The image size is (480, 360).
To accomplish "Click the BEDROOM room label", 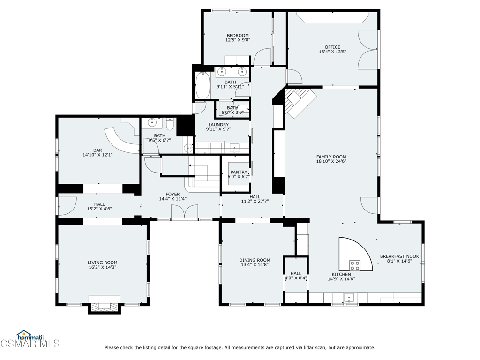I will pyautogui.click(x=238, y=36).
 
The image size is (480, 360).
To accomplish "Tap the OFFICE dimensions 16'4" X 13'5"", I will pyautogui.click(x=332, y=52).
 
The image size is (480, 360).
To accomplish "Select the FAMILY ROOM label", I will pyautogui.click(x=331, y=157).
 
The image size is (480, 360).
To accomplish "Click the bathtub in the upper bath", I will pyautogui.click(x=203, y=85).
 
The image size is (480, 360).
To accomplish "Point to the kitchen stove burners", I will pyautogui.click(x=355, y=266).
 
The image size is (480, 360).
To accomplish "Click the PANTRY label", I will pyautogui.click(x=239, y=172).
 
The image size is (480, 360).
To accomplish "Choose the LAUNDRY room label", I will pyautogui.click(x=218, y=125).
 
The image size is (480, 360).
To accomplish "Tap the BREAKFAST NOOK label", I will pyautogui.click(x=399, y=256).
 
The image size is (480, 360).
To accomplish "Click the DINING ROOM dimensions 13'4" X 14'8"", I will pyautogui.click(x=255, y=265).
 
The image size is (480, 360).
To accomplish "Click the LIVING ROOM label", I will pyautogui.click(x=102, y=262).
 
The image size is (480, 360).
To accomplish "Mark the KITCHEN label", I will pyautogui.click(x=341, y=274).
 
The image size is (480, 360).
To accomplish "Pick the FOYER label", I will pyautogui.click(x=172, y=194).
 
